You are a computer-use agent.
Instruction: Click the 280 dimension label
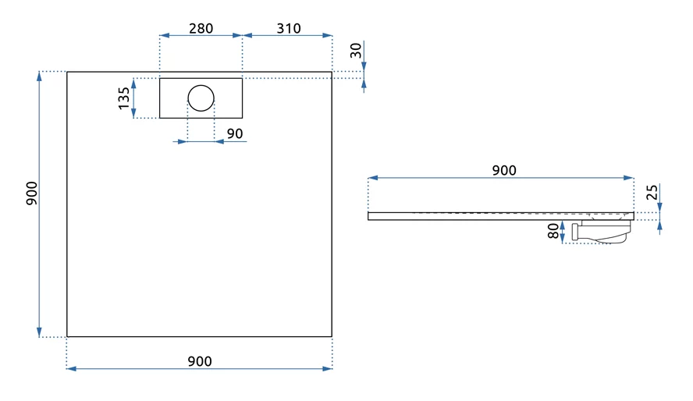coord(201,29)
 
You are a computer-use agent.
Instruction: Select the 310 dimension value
coord(288,29)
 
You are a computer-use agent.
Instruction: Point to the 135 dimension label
coord(124,98)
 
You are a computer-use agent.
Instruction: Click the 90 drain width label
coord(234,133)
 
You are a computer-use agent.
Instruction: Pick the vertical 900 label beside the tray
coord(31,193)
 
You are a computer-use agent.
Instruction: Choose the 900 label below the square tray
coord(200,361)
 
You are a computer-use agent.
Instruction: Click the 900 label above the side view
coord(503,170)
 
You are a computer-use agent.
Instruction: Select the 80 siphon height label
coord(553,232)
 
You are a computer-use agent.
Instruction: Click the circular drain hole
coord(201,98)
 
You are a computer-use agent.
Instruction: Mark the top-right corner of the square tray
coord(332,72)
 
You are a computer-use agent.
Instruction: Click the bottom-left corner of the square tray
coord(67,336)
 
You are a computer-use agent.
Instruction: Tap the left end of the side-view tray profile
coord(369,215)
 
